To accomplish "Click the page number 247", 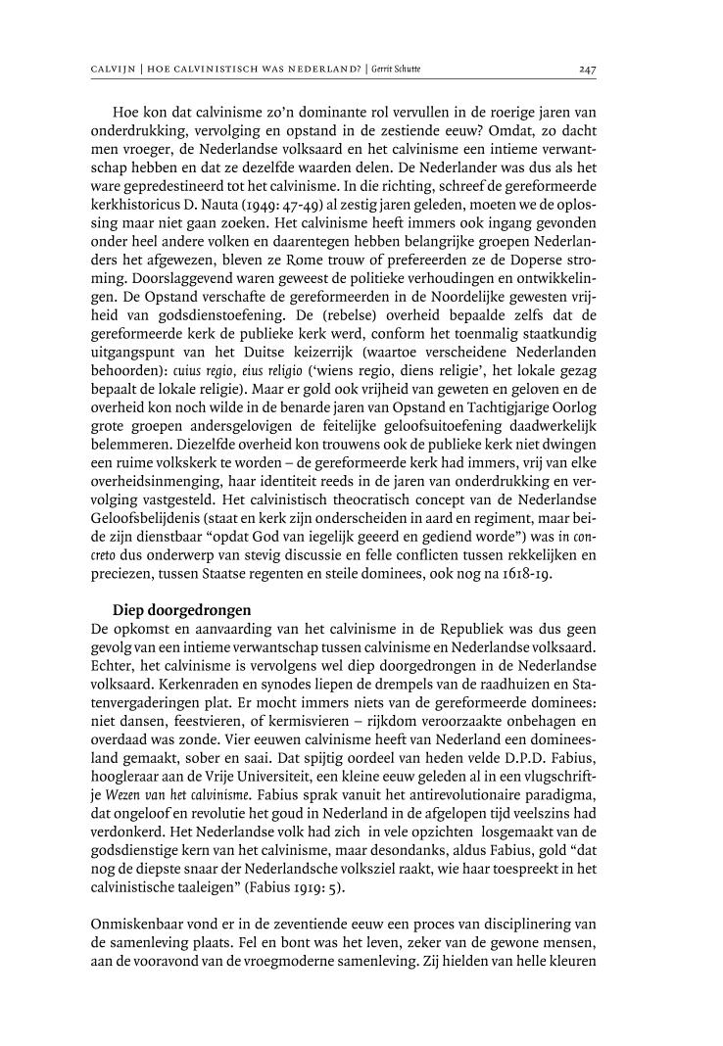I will pos(587,68).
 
